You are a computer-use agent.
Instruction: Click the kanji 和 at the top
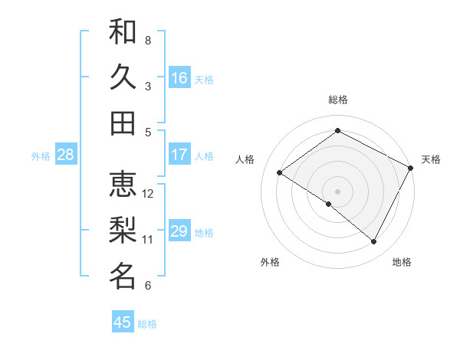(123, 31)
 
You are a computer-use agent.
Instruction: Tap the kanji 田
(123, 122)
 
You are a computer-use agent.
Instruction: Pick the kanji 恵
(123, 184)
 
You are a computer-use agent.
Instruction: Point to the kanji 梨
(123, 230)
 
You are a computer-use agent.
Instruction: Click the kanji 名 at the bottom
(123, 276)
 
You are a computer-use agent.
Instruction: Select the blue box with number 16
(179, 78)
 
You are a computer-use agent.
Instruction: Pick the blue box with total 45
(123, 322)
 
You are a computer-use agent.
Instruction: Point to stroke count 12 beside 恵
(149, 194)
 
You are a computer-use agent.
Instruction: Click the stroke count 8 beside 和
(148, 39)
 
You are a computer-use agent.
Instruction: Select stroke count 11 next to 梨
(149, 240)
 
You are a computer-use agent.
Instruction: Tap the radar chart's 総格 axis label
(338, 100)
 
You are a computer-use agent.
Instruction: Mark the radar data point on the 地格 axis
(374, 242)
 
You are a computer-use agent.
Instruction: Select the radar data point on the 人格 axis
(280, 173)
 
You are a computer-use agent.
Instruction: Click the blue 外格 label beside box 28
(41, 156)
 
